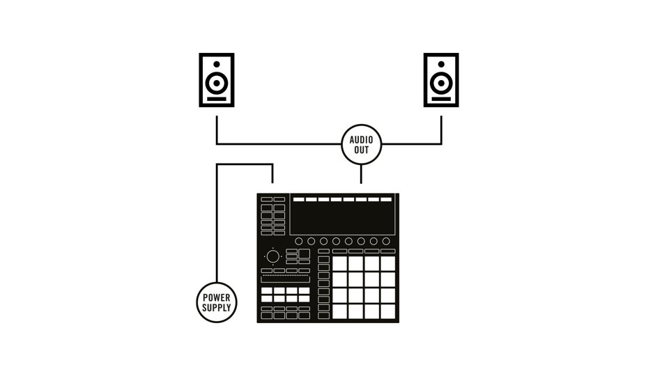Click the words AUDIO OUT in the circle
tap(361, 144)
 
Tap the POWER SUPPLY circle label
tap(217, 301)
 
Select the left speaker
tap(216, 80)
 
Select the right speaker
tap(441, 80)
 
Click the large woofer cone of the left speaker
tap(216, 84)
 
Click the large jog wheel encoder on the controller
tap(272, 256)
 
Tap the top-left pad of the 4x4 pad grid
tap(339, 263)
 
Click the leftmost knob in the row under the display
tap(298, 241)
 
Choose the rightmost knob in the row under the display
tap(386, 241)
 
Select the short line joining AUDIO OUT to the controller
tap(361, 173)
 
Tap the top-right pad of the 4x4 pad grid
tap(388, 263)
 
